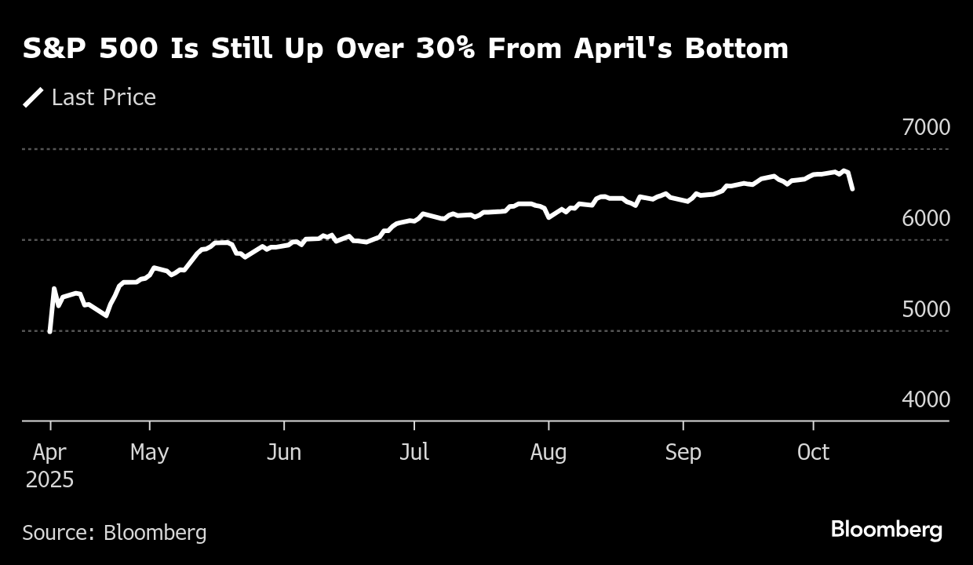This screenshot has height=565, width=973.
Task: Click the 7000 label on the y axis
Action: [x=926, y=127]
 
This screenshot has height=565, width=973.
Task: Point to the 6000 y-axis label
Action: [x=926, y=218]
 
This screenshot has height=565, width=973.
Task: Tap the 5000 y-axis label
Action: [x=926, y=309]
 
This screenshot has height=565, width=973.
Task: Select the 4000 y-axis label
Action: [x=926, y=399]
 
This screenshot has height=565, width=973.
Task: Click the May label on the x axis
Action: [x=149, y=453]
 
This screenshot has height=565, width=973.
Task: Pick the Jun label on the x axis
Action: [x=283, y=453]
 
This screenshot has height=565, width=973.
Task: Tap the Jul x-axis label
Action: [x=414, y=453]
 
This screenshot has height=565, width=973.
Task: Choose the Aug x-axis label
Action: [x=548, y=453]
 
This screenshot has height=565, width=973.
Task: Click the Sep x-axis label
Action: [x=683, y=453]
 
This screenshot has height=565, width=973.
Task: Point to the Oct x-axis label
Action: [x=813, y=453]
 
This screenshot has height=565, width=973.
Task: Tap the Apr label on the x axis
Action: [x=49, y=453]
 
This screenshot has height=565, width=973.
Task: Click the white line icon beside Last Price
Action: [x=33, y=97]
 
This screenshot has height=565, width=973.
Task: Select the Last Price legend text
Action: [x=104, y=97]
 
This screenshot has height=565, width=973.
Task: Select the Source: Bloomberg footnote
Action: [x=115, y=533]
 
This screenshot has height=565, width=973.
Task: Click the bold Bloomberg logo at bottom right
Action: [x=886, y=530]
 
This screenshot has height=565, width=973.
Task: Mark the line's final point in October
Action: [x=852, y=189]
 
